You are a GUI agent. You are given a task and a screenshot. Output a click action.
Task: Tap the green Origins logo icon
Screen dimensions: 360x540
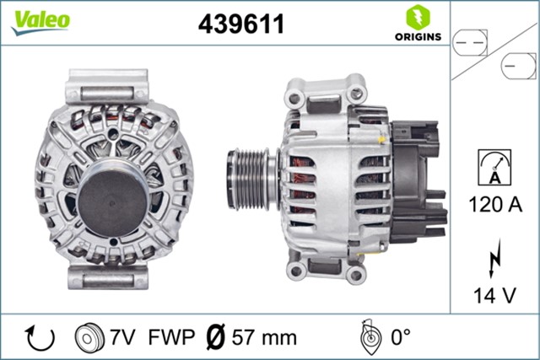pos(414,17)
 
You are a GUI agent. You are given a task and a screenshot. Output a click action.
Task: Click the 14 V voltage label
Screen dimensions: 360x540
pos(496,295)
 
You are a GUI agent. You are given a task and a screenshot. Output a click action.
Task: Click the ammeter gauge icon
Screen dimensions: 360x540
pos(496,166)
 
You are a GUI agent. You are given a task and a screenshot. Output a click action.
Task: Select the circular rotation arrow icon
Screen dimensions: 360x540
pos(40,337)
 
